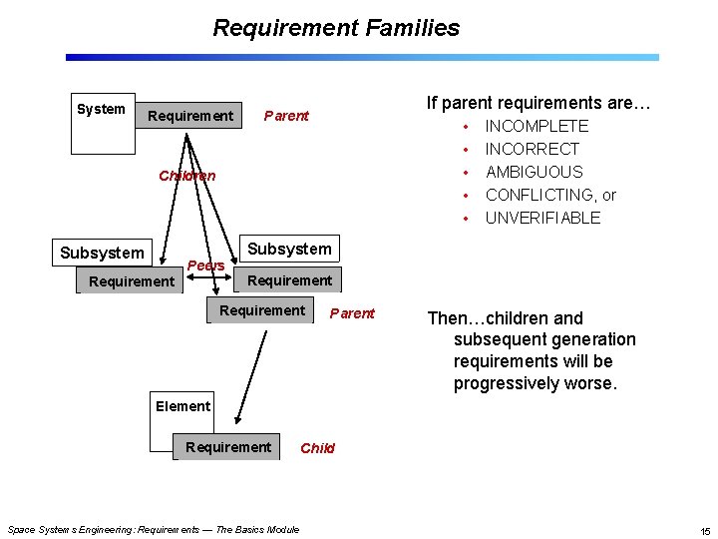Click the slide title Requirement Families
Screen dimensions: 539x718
coord(336,28)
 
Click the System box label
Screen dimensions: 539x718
coord(101,109)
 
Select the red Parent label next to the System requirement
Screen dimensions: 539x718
coord(286,116)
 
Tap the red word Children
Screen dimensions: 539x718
coord(186,176)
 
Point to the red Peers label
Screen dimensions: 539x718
coord(206,266)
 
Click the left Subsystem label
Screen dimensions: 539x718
coord(102,253)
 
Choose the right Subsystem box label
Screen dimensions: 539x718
coord(289,248)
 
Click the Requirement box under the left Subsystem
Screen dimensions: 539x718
coord(131,281)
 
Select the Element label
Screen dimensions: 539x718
coord(182,405)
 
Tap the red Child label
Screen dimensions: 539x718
coord(317,448)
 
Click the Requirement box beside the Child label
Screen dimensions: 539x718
coord(228,447)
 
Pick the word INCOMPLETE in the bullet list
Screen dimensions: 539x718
coord(537,126)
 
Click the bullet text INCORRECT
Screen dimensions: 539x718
coord(532,149)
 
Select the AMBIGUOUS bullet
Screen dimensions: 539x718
coord(534,172)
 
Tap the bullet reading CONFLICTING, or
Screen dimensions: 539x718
coord(550,195)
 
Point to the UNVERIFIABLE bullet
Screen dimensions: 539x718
coord(542,218)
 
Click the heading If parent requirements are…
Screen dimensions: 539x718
coord(538,102)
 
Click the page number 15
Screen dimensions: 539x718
coord(704,529)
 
